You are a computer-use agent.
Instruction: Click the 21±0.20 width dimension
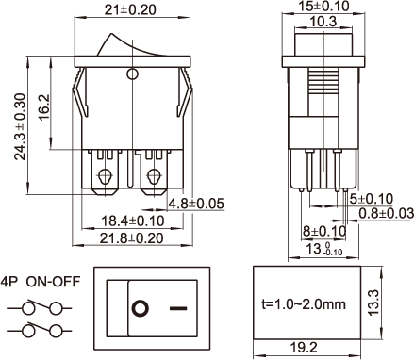click(130, 9)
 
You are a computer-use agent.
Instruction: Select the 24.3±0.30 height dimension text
click(21, 126)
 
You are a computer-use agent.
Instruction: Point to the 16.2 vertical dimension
click(43, 106)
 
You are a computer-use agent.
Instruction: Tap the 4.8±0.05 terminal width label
click(196, 204)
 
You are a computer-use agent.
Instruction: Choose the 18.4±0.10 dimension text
click(132, 221)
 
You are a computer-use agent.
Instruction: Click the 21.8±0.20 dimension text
click(132, 238)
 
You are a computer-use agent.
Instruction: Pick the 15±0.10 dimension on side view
click(323, 6)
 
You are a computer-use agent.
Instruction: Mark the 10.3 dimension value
click(323, 22)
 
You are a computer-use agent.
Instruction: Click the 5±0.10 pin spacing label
click(372, 199)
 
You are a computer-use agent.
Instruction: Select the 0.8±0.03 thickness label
click(387, 213)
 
